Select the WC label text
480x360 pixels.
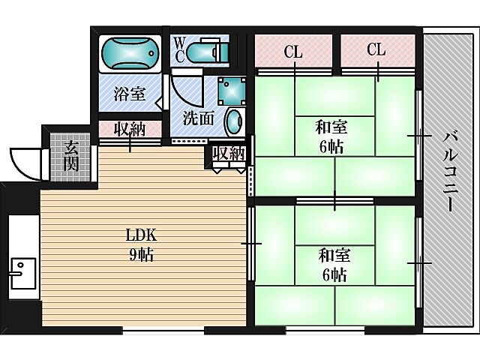(178, 50)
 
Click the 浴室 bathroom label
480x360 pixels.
(129, 95)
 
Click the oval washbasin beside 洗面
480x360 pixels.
(233, 120)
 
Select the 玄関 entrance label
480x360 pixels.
(71, 155)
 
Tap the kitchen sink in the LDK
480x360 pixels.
(22, 274)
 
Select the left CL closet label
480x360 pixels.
(292, 52)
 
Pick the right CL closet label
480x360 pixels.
(376, 50)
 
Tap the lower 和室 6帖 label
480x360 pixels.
(332, 265)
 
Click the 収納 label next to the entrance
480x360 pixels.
(129, 130)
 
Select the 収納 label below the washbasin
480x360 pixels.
(229, 154)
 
